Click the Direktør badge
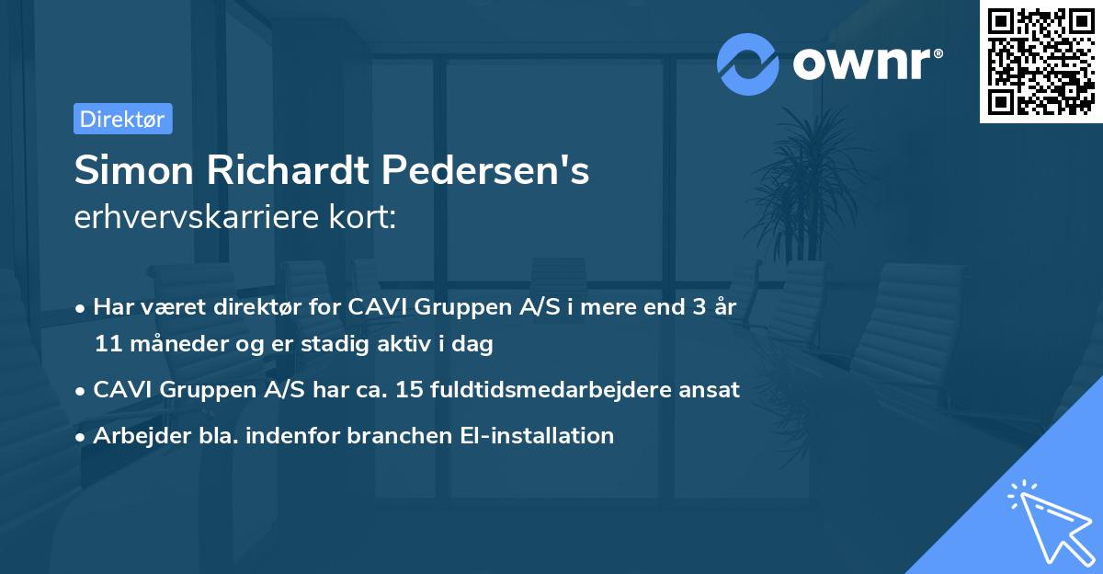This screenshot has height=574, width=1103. coord(122,119)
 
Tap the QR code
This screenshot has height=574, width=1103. coord(1040,61)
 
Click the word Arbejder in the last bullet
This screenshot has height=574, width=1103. coord(135,435)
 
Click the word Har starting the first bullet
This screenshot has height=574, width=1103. coord(111,306)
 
